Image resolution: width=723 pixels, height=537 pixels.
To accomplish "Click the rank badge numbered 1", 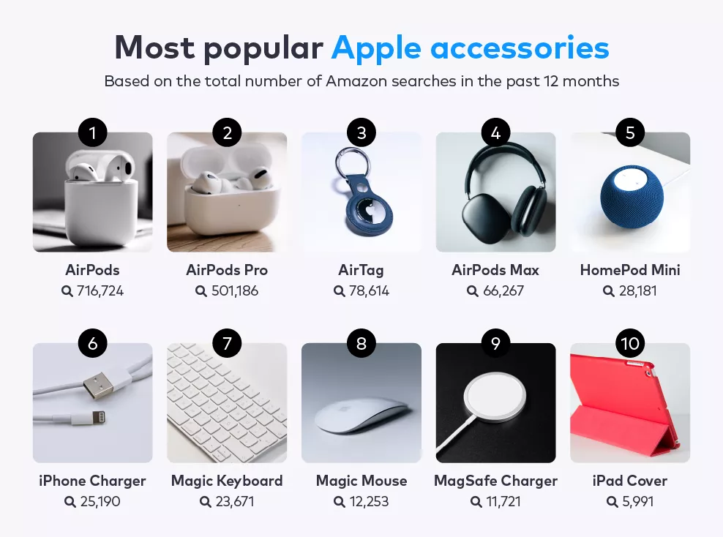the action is pos(93,132).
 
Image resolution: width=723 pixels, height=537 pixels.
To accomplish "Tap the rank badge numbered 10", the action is pos(630,343).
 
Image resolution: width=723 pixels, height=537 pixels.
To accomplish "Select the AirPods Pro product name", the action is pos(227,270).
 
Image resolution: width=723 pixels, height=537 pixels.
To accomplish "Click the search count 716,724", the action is pos(100,291).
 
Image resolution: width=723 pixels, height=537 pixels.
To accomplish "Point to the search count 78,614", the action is pos(370,291).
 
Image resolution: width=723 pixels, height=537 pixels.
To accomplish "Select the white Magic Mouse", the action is pos(361,416).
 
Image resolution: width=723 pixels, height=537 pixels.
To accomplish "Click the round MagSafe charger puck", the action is pos(495,397).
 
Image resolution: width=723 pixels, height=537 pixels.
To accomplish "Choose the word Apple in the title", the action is pos(376,48).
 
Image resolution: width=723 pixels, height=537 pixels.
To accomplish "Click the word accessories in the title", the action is pos(520,48).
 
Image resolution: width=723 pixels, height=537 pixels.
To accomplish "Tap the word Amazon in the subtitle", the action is pos(356,81).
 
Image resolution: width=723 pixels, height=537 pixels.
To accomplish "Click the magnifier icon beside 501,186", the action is pos(201,291).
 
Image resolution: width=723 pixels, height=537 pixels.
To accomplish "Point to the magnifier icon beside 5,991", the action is pos(613,501).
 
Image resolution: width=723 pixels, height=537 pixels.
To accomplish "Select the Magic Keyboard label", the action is pos(227,481).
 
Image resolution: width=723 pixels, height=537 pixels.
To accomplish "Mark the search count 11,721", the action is pos(503,501).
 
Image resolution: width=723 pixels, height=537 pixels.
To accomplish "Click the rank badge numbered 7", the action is pos(227,343).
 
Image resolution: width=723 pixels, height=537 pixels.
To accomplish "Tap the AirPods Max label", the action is pos(495,270).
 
